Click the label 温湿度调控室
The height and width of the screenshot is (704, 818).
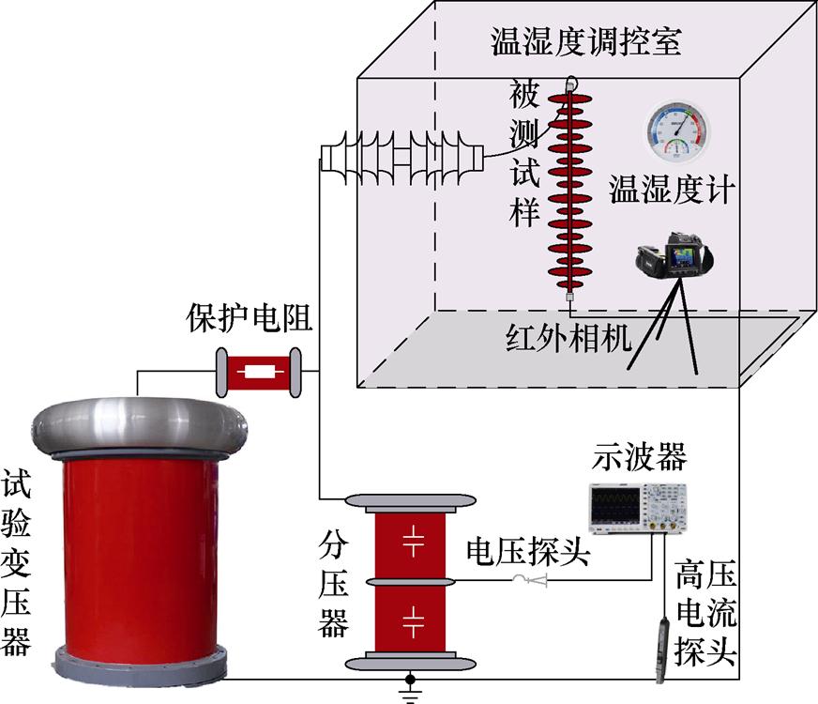tap(585, 42)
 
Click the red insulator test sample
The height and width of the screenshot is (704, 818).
tap(569, 188)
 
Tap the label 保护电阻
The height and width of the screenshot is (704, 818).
tap(250, 317)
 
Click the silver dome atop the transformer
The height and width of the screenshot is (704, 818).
tap(140, 424)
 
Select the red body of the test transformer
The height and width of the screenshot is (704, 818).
tap(140, 554)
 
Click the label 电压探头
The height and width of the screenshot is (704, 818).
tap(528, 553)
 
